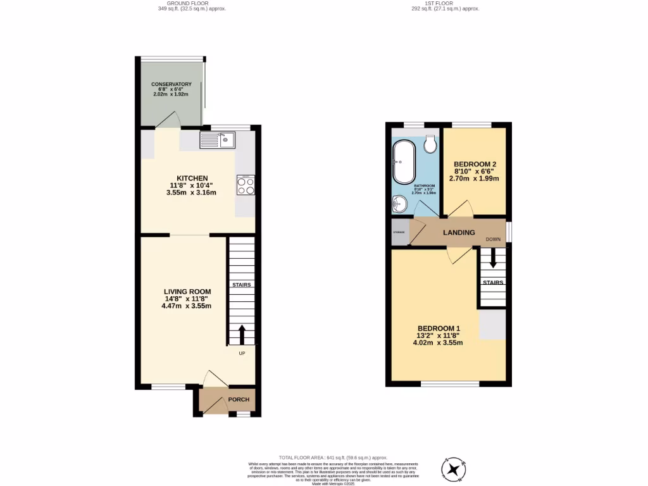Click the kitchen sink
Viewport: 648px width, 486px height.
[x=217, y=139]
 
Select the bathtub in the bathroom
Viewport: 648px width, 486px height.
[x=403, y=161]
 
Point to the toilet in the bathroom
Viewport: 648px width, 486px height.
[x=432, y=145]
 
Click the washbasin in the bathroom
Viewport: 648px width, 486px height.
[x=399, y=204]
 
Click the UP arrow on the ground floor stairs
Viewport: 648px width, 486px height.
[x=242, y=333]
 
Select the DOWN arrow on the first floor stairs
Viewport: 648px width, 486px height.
[x=493, y=259]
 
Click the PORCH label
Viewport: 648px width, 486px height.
[x=239, y=399]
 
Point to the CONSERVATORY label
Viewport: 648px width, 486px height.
[x=171, y=84]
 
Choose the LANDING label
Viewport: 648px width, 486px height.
[x=459, y=232]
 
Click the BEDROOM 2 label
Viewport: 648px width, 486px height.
[x=477, y=164]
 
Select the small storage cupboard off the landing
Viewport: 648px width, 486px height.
[x=400, y=232]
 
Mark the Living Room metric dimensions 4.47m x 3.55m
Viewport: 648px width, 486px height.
[x=186, y=306]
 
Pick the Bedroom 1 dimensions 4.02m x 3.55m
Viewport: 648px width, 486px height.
[x=439, y=343]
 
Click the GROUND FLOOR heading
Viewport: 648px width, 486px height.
[x=192, y=4]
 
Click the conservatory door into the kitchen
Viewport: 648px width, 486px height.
[x=167, y=121]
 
